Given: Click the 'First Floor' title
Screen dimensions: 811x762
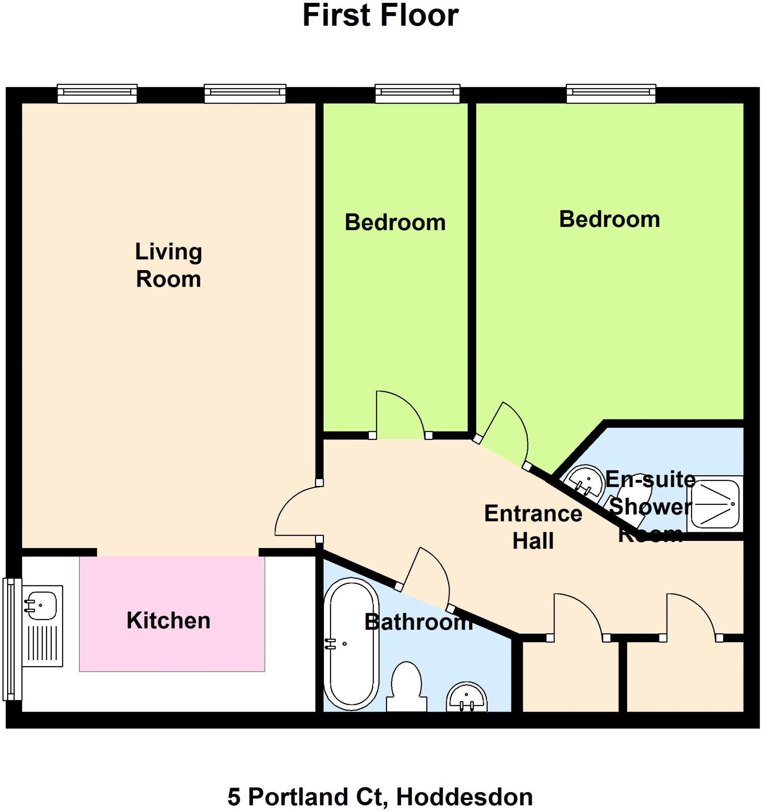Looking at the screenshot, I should click(380, 16).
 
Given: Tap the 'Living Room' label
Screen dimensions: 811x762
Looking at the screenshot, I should click(168, 265).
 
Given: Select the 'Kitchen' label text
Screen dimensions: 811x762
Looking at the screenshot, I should click(168, 621).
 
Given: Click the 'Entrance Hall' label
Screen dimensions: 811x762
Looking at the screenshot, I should click(533, 527).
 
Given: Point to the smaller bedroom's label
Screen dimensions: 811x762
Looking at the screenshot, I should click(395, 223).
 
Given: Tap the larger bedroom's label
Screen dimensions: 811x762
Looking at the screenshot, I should click(609, 219).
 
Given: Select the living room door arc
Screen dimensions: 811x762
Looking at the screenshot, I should click(296, 510).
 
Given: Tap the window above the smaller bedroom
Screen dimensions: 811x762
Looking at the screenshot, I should click(418, 94).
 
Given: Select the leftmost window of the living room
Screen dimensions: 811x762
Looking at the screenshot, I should click(97, 94).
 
